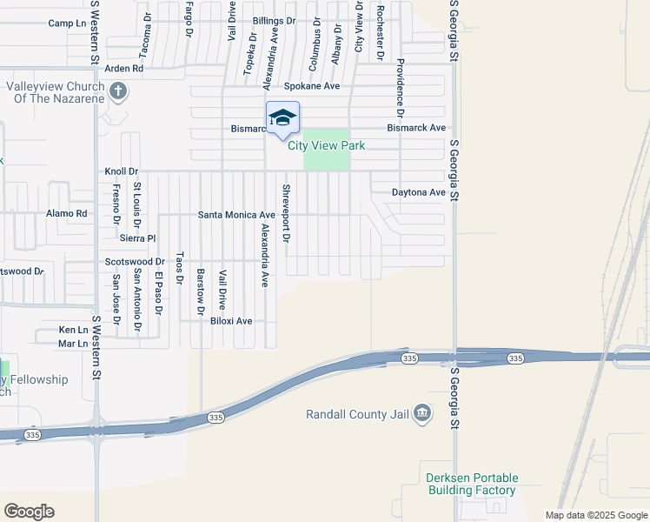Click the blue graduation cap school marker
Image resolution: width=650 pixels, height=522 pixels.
click(x=282, y=119)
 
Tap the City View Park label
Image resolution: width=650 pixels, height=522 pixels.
click(x=327, y=145)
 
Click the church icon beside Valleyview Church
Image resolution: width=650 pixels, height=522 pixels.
click(x=118, y=90)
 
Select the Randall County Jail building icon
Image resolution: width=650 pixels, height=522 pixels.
click(x=422, y=412)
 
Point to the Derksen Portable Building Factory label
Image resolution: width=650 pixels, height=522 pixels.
click(x=472, y=485)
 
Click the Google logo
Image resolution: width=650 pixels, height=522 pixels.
click(x=29, y=512)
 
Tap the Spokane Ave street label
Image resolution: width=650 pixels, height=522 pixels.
click(x=312, y=86)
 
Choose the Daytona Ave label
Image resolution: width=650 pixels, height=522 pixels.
click(x=418, y=192)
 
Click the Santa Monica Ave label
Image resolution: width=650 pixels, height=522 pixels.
click(x=236, y=214)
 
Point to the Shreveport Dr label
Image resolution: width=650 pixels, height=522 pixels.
click(x=285, y=213)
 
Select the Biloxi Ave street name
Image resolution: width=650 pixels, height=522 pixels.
click(x=231, y=321)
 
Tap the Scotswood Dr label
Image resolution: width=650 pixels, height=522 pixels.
click(x=135, y=261)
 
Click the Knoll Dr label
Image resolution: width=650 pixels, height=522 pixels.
click(x=122, y=171)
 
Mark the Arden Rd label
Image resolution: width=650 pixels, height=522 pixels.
click(x=123, y=68)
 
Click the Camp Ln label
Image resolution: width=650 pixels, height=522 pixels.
click(x=69, y=23)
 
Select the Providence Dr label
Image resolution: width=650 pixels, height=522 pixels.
click(x=401, y=88)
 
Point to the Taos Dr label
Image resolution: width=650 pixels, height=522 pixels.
click(x=180, y=269)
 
